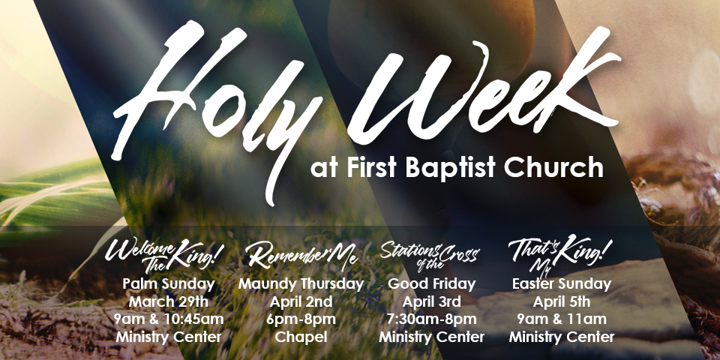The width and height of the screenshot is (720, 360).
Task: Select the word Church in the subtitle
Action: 553,167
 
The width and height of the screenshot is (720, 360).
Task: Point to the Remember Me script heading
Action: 301,255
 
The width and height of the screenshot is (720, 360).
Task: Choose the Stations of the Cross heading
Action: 430,256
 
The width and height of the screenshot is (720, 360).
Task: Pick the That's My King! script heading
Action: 560,253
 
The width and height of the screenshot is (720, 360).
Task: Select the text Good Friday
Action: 432,284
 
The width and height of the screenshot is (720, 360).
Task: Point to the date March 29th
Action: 169,302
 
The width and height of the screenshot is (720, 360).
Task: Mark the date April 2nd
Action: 301,302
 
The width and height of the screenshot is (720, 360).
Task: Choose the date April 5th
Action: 562,302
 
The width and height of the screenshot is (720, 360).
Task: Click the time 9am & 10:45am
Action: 169,319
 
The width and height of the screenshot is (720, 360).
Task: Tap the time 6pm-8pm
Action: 301,319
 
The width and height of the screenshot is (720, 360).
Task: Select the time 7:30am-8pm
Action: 432,319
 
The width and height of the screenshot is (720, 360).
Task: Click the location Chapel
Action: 301,337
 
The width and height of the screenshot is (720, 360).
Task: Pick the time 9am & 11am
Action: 562,319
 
